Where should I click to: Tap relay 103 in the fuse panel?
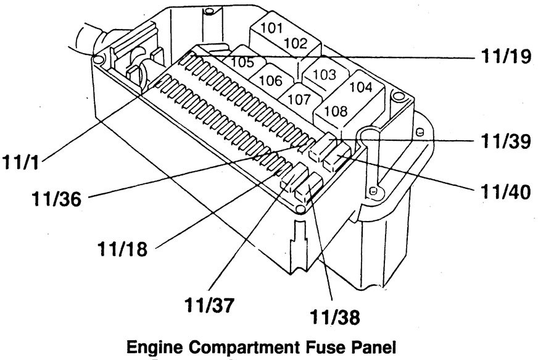coord(324,75)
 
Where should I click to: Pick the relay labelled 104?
coord(360,87)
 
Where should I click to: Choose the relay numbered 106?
coord(270,80)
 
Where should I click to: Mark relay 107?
coord(300,98)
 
